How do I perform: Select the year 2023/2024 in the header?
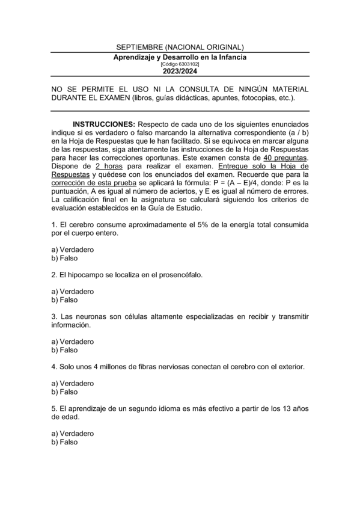[180, 71]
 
